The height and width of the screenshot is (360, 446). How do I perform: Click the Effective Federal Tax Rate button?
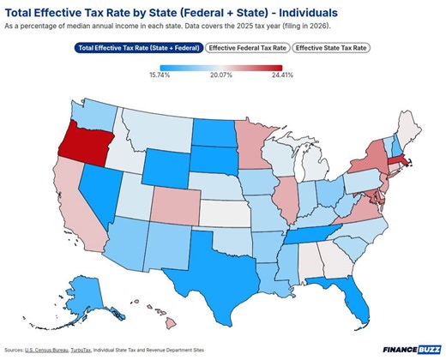248,48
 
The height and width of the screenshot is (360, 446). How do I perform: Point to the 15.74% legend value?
160,75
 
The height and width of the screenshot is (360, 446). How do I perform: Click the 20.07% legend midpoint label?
220,75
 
